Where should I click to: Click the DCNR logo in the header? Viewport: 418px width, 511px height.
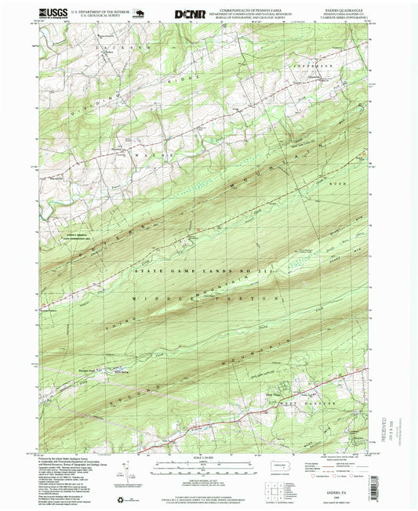tap(190, 13)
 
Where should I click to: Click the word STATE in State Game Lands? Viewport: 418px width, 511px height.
tap(147, 270)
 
